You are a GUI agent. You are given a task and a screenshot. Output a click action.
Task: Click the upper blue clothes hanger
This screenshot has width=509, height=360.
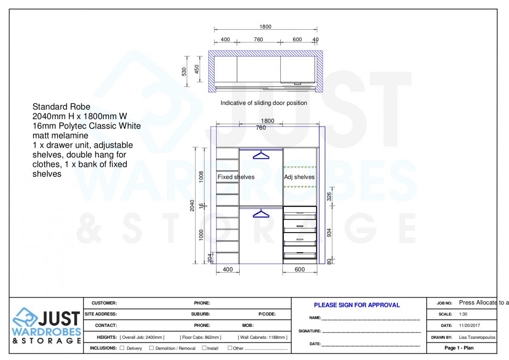(261, 155)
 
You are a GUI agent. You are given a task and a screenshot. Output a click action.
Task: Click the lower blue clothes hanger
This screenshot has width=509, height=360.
(261, 214)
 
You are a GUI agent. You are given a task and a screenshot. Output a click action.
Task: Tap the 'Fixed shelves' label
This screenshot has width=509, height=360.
(236, 177)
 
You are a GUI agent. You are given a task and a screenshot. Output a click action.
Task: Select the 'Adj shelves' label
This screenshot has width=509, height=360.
(299, 177)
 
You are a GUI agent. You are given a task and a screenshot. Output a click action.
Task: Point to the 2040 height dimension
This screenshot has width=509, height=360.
(192, 205)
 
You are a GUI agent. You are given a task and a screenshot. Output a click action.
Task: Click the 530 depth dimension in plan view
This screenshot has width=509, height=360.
(184, 71)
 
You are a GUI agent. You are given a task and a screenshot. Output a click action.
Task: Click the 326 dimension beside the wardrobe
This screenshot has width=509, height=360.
(329, 196)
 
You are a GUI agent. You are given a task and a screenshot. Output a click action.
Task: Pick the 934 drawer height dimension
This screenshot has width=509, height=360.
(329, 233)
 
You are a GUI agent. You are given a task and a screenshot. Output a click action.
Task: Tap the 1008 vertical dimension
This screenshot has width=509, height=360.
(201, 176)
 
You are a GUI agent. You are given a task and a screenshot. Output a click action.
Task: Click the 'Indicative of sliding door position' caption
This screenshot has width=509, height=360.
(263, 103)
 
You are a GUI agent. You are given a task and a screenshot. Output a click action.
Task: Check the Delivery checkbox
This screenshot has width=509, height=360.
(122, 348)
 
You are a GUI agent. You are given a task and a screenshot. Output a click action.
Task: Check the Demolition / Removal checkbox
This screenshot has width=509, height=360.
(151, 348)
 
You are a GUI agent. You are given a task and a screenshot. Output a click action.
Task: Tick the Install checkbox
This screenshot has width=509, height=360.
(204, 348)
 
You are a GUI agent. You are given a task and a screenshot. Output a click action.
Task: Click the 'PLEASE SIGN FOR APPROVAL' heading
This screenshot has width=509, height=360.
(357, 305)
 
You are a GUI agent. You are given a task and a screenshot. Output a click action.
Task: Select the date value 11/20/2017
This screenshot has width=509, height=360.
(469, 326)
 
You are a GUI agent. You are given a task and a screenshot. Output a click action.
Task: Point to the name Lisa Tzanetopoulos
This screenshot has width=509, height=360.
(477, 337)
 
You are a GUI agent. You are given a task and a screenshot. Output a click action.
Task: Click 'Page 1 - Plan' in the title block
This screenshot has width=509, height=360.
(459, 348)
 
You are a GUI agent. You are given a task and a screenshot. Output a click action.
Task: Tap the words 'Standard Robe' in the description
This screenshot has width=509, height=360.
(61, 107)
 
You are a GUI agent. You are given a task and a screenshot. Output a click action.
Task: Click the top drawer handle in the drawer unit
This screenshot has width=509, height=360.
(300, 212)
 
